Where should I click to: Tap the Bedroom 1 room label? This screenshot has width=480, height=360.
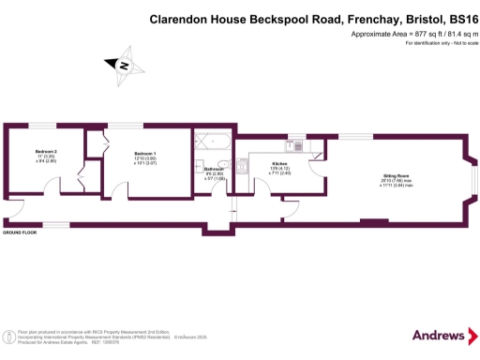(144, 153)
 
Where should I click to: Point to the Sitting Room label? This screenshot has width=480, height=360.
(395, 175)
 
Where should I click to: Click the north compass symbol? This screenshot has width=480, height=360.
(123, 66)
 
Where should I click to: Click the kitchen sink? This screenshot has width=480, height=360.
(295, 145)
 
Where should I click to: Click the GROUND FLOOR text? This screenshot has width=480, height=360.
(20, 232)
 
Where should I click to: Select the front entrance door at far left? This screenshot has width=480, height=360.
(16, 207)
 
